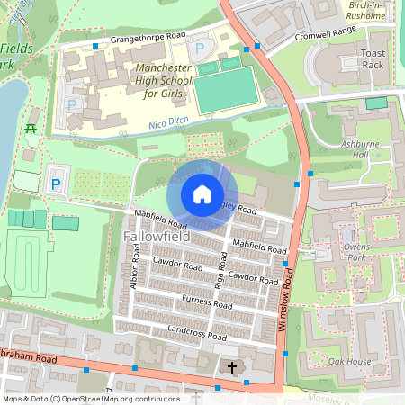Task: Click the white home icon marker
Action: [x=202, y=194]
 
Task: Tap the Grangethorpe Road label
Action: [x=147, y=38]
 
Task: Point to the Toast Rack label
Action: [x=373, y=59]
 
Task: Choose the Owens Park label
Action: [x=357, y=239]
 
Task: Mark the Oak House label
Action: [x=349, y=362]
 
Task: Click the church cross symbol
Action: [x=232, y=368]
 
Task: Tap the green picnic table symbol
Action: [x=31, y=130]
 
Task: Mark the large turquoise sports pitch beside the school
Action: [x=227, y=90]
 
